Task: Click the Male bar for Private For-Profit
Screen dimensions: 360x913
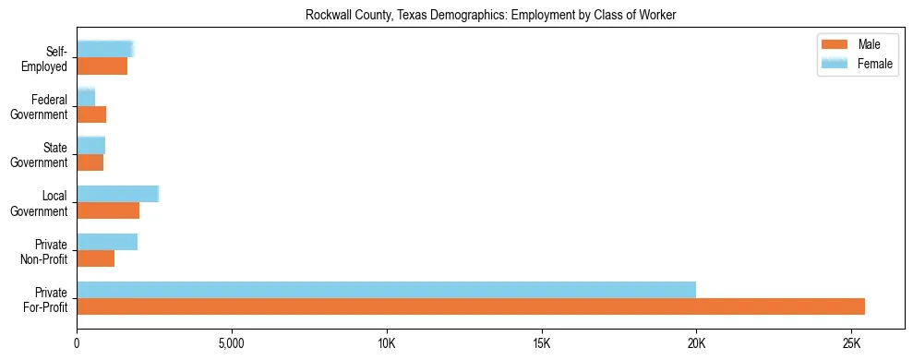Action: [471, 306]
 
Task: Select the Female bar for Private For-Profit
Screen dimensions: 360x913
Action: [386, 290]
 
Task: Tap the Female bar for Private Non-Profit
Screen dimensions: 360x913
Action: [107, 242]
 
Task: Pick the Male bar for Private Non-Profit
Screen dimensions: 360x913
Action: [95, 258]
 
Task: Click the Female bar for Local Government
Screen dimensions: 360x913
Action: [117, 194]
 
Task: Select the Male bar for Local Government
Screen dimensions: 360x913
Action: [108, 210]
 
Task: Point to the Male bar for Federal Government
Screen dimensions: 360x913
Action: [91, 114]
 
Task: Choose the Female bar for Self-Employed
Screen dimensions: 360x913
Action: [105, 50]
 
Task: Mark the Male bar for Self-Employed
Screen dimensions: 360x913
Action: [102, 66]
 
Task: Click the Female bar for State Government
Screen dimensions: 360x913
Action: [90, 146]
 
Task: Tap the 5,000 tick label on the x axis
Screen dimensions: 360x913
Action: [232, 343]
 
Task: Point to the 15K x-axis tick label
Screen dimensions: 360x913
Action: [541, 343]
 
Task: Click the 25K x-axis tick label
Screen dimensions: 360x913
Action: [851, 343]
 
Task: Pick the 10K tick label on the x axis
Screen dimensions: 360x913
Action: [386, 343]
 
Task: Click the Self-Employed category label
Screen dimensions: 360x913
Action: [48, 59]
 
